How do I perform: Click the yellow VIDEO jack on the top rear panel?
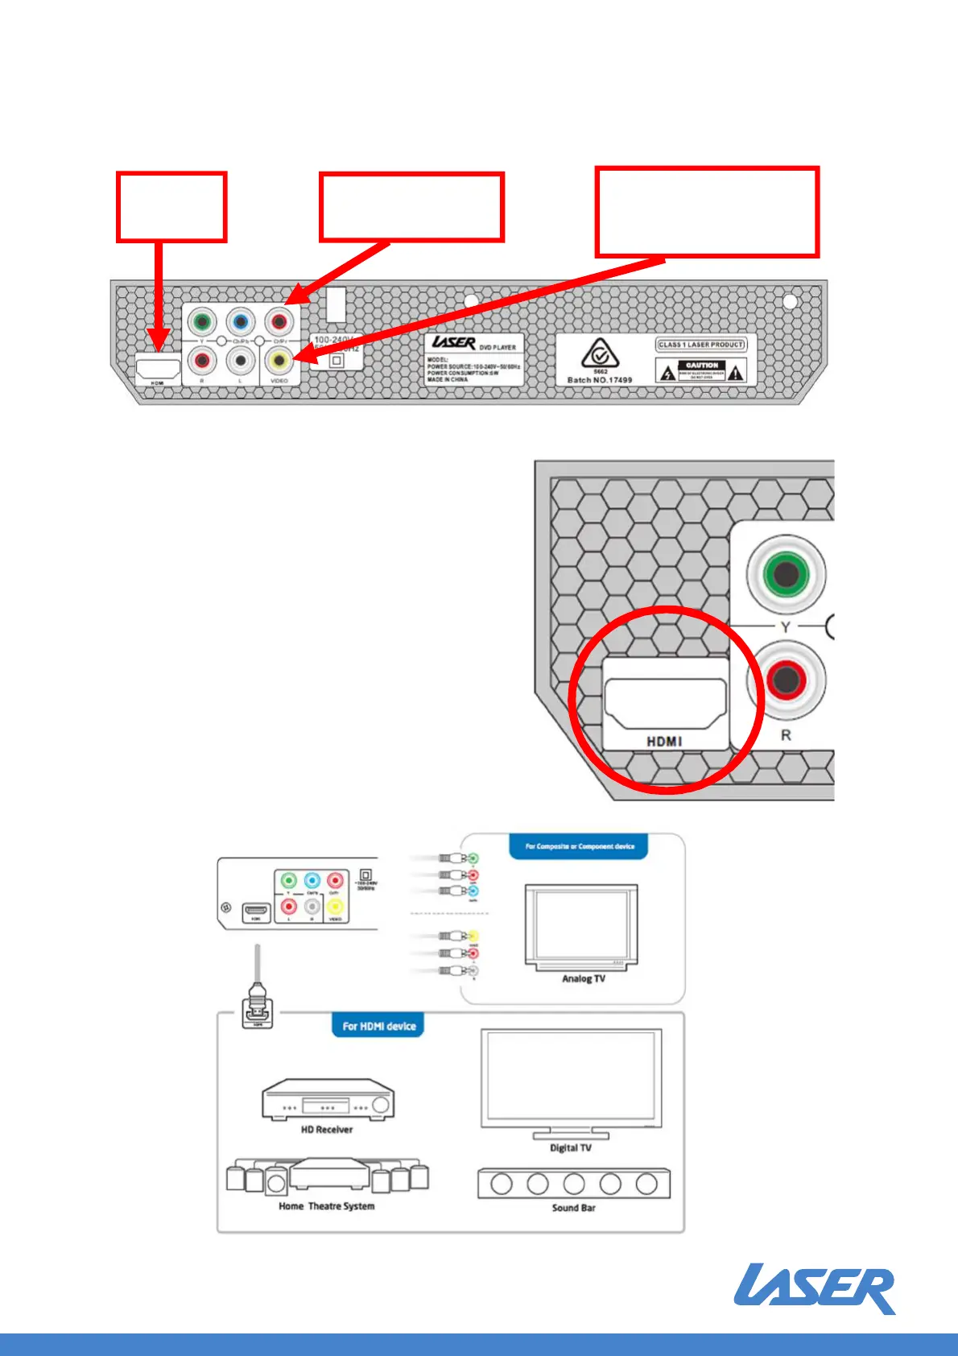[x=279, y=359]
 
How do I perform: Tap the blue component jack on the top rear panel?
[x=240, y=323]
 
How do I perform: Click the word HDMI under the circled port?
[x=664, y=742]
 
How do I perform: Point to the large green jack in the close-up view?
[x=785, y=574]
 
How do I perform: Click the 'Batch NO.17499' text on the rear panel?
[x=600, y=380]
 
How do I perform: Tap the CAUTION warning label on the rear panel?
[x=702, y=371]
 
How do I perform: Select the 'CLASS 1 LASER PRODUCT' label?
[x=701, y=345]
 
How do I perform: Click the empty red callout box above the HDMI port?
[x=171, y=207]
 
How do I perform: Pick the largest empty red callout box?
[x=707, y=213]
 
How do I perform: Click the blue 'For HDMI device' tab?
[x=378, y=1026]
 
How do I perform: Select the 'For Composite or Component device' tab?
[x=580, y=847]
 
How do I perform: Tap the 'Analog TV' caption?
[x=584, y=979]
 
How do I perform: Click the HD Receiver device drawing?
[x=327, y=1100]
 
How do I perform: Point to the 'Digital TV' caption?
[x=571, y=1148]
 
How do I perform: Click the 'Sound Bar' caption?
[x=574, y=1208]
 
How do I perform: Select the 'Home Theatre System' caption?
[x=327, y=1206]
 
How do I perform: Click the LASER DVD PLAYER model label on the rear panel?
[x=474, y=359]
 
